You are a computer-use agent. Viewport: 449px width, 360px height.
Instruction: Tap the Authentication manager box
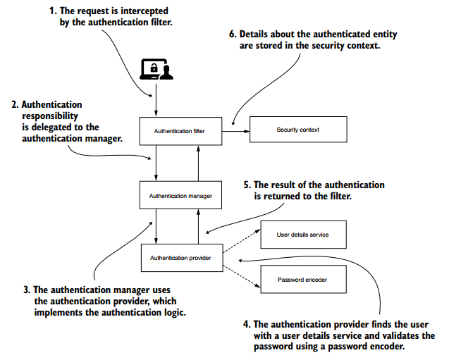(x=182, y=194)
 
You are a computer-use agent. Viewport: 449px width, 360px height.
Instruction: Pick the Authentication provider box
(x=182, y=258)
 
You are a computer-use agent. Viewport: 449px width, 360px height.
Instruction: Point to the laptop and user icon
(x=157, y=69)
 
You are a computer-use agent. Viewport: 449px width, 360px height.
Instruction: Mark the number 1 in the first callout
(x=51, y=12)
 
